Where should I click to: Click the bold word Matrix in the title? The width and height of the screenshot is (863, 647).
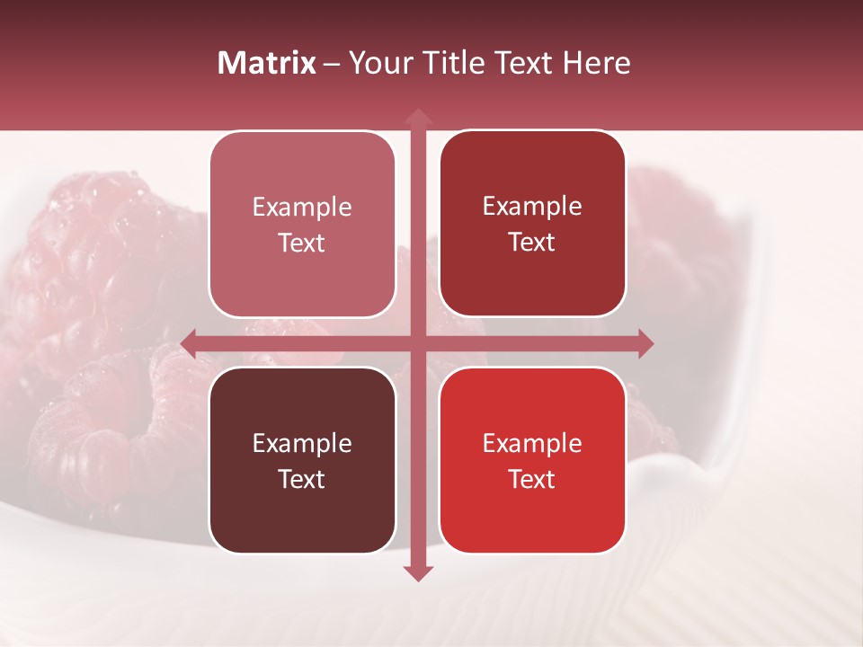point(267,63)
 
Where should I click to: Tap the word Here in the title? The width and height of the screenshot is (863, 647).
point(596,63)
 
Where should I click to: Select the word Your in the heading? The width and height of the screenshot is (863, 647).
point(376,63)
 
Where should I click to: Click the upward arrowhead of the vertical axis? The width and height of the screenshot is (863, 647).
point(417,117)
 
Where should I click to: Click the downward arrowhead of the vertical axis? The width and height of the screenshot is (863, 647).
point(417,572)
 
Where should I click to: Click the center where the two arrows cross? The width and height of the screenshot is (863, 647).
point(417,343)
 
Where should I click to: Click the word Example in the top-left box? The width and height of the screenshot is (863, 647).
point(302,208)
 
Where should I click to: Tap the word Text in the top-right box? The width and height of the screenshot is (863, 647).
point(532,243)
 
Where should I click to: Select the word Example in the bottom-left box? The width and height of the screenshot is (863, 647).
point(302,444)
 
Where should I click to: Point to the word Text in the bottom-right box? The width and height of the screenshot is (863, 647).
point(532,480)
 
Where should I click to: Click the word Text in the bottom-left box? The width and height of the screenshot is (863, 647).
point(302,480)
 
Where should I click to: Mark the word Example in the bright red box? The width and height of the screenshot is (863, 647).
point(532,444)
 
